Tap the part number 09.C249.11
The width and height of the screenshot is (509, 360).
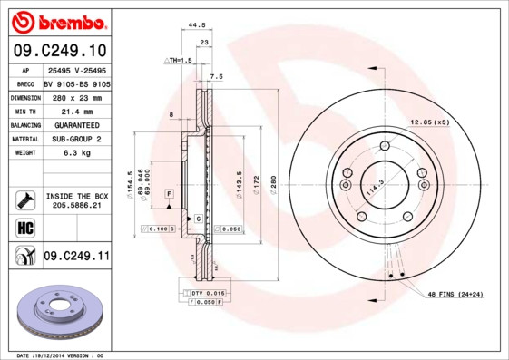point(76,258)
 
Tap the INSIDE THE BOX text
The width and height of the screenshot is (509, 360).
point(76,196)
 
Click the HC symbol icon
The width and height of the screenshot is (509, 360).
point(24,228)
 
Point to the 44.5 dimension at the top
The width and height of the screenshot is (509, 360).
point(191,26)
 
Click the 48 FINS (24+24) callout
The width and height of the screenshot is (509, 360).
point(456,296)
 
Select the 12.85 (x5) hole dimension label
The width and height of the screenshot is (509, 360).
point(429,122)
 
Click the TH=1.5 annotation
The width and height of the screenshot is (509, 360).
point(179,60)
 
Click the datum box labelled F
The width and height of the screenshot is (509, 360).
point(169,194)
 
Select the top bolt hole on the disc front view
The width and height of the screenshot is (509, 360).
point(385,146)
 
